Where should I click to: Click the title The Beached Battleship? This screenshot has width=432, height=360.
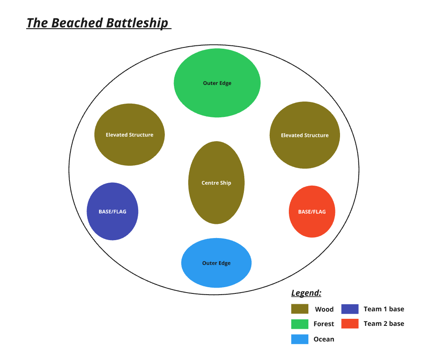pos(98,22)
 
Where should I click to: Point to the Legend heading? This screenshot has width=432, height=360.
pos(306,293)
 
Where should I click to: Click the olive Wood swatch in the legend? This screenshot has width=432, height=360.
pos(300,309)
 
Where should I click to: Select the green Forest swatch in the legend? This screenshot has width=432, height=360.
pos(300,324)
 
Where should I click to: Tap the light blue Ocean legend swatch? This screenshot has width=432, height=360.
pos(300,339)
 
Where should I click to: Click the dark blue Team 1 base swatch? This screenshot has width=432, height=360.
pos(350,309)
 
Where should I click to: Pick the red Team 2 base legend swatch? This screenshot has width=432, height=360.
pos(350,323)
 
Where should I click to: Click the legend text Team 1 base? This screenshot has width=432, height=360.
pos(384,309)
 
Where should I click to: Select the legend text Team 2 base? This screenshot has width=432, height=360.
pos(384,323)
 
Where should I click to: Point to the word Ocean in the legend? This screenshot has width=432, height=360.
pos(324,339)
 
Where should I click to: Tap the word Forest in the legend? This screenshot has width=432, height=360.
pos(324,324)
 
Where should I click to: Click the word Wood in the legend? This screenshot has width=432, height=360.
pos(324,309)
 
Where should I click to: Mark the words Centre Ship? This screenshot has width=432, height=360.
pos(216,183)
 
